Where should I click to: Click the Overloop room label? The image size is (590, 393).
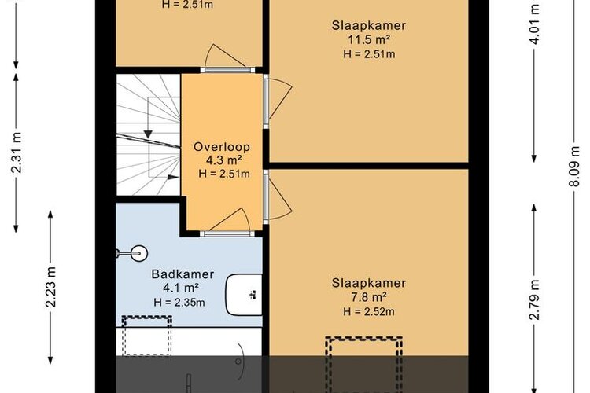[x=222, y=147]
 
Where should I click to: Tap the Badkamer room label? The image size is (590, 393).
[x=183, y=274]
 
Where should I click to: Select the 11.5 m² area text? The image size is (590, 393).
[x=369, y=39]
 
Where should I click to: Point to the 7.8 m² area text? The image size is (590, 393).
[x=369, y=297]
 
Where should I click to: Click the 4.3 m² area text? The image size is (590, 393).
[x=223, y=160]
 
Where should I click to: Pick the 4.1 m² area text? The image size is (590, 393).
[x=181, y=288]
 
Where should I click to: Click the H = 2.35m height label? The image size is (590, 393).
[x=179, y=302]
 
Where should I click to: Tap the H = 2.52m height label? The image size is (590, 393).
[x=369, y=311]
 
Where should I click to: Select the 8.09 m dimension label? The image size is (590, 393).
[x=574, y=166]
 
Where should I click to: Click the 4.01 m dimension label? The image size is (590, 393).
[x=534, y=25]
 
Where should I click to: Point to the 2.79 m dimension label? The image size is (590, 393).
[x=534, y=299]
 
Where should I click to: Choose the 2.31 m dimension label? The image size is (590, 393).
[x=17, y=152]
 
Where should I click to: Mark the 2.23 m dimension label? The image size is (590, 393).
[x=50, y=287]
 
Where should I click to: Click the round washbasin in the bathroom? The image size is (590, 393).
[x=138, y=253]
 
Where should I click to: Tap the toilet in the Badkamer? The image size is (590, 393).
[x=244, y=295]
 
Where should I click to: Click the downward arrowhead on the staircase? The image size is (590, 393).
[x=148, y=134]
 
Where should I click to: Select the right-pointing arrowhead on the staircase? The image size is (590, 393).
[x=173, y=177]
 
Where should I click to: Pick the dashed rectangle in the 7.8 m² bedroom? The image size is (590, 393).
[x=364, y=364]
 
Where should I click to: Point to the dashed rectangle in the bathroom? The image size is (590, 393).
[x=147, y=336]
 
